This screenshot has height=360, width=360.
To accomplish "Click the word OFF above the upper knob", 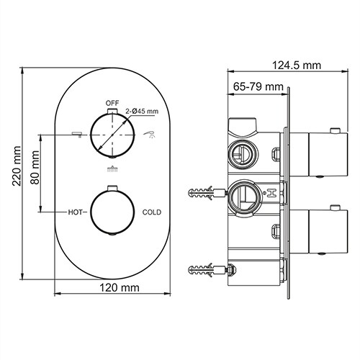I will coord(112,103).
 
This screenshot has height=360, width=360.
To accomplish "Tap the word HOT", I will coord(77,212).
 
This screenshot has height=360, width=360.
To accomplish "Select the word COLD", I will coord(152,212).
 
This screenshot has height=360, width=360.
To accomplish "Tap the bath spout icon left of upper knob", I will coord(75,134).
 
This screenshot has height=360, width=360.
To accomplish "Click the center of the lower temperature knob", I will coord(112,212).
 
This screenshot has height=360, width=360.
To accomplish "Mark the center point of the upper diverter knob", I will coord(112,134).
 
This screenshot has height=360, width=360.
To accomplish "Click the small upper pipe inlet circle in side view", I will coord(240,153).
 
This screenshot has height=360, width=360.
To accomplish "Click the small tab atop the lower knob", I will coord(112,188).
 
